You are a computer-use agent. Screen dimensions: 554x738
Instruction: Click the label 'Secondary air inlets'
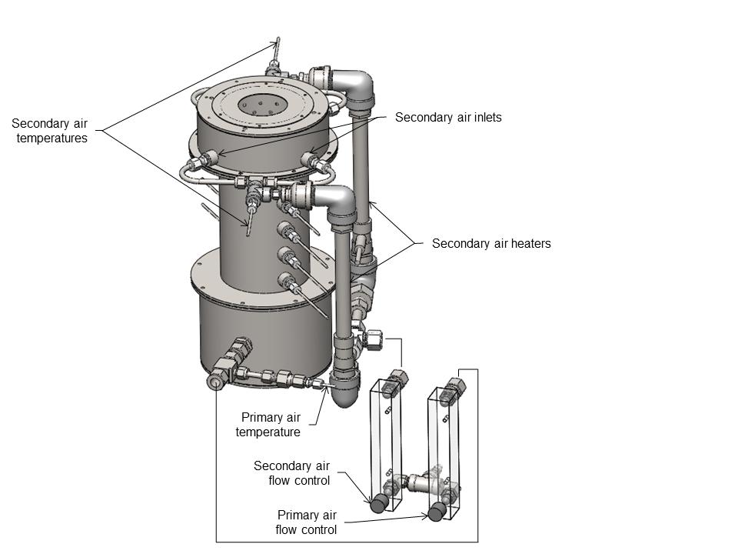click(x=447, y=118)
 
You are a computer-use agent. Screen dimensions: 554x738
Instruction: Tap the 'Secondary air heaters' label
click(x=491, y=244)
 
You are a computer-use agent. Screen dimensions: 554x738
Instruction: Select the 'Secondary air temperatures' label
click(x=49, y=131)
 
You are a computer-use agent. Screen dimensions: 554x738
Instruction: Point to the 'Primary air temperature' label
click(x=270, y=425)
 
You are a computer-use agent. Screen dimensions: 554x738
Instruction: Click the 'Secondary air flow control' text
click(x=291, y=473)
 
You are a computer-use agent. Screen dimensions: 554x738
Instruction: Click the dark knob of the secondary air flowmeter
click(x=378, y=505)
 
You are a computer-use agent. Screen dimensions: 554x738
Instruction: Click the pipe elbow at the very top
click(x=355, y=84)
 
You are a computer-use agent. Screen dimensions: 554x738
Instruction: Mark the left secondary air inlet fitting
click(x=206, y=160)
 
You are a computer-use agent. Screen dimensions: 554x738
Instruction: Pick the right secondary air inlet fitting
click(x=312, y=161)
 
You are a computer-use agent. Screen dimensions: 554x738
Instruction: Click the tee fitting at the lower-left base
click(x=218, y=378)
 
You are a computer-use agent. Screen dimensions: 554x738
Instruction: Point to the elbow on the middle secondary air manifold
click(x=338, y=202)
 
